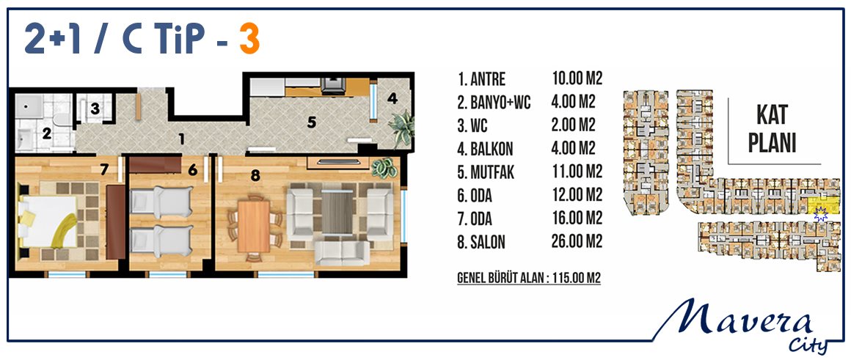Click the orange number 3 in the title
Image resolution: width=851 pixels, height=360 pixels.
[x=249, y=40]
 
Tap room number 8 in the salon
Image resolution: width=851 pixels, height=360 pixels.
[x=254, y=175]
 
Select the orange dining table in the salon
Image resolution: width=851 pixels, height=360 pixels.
[x=253, y=226]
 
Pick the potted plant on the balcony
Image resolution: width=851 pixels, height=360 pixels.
[x=401, y=128]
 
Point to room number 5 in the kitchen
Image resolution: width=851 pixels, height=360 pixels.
[x=311, y=122]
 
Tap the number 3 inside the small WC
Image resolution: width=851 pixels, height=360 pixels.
[x=95, y=109]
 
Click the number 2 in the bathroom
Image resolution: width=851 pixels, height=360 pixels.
[x=47, y=133]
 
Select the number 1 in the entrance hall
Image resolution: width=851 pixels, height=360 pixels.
[x=181, y=139]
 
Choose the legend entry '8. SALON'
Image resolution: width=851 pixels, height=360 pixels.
[x=481, y=242]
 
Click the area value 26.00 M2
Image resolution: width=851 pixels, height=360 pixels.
[x=577, y=241]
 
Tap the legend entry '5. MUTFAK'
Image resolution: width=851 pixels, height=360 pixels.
[x=485, y=172]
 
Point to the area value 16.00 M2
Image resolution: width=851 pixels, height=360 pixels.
[x=577, y=218]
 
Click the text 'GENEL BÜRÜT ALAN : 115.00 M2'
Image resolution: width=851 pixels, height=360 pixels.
[x=529, y=279]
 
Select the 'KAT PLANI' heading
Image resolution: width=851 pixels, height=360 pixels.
[x=772, y=130]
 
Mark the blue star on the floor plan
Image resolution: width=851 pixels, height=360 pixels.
[x=821, y=215]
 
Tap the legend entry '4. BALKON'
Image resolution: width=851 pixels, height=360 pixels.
[x=485, y=149]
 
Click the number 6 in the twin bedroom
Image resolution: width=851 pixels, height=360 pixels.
[x=192, y=170]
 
